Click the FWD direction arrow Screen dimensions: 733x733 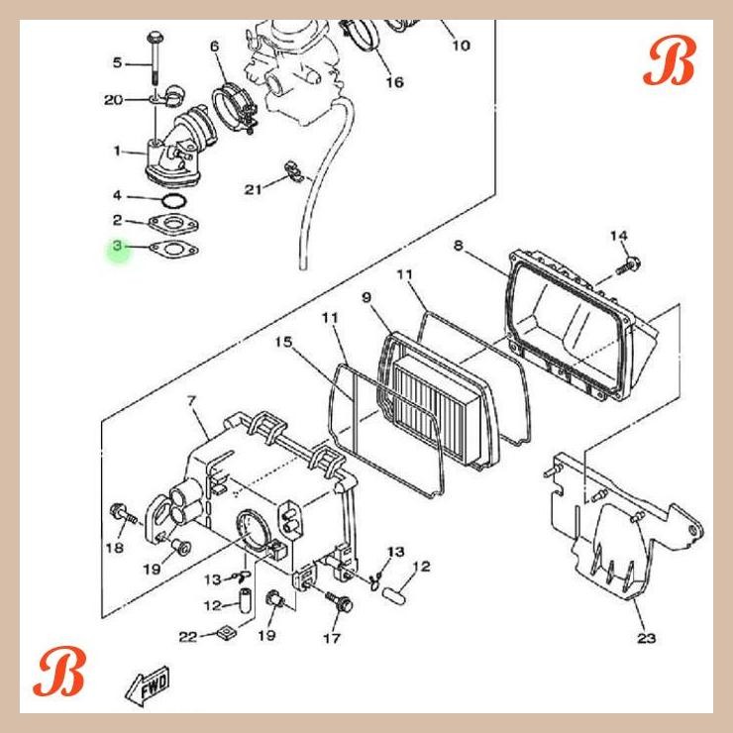pos(149,683)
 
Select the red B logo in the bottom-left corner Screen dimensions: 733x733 pos(60,673)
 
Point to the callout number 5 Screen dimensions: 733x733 pos(117,63)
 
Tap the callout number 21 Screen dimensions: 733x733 pos(253,188)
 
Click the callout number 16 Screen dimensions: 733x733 pos(394,82)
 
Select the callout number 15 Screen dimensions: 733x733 pos(283,342)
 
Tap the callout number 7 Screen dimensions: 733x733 pos(191,401)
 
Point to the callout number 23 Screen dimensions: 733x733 pos(646,638)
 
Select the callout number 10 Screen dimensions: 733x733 pos(461,46)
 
